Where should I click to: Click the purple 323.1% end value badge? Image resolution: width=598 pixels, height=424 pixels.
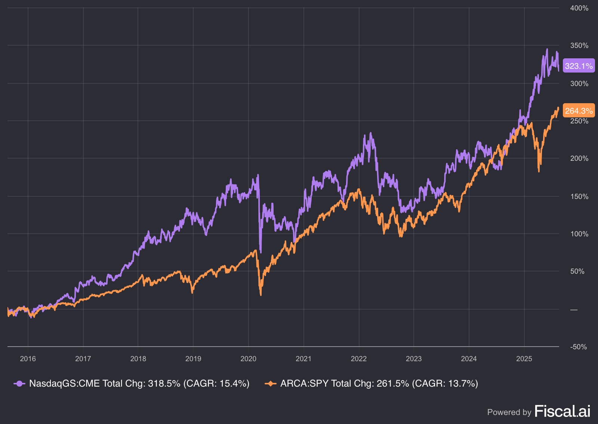(x=579, y=66)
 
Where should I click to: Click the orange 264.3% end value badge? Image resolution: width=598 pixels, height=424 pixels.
(x=579, y=111)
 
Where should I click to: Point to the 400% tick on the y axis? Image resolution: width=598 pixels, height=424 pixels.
(x=579, y=8)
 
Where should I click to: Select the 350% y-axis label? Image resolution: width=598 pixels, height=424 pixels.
(x=579, y=46)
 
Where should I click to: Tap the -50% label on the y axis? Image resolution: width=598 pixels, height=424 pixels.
(x=578, y=347)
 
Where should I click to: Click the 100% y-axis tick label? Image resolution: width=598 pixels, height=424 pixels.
(x=579, y=234)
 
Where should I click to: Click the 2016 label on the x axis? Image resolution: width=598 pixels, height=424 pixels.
(x=28, y=359)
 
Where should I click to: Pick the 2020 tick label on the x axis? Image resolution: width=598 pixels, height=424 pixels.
(x=248, y=359)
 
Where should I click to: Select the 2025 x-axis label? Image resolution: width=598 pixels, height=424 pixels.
(x=524, y=359)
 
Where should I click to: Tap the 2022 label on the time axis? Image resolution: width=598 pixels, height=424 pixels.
(x=358, y=359)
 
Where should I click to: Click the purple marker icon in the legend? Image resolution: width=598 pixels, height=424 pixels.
(x=19, y=384)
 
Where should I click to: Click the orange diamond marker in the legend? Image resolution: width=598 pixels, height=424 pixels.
(x=270, y=384)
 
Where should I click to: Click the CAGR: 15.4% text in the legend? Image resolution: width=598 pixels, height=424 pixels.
(x=216, y=384)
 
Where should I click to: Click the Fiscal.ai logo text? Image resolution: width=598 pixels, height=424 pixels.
(x=562, y=411)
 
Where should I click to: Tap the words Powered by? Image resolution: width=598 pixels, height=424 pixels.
(x=509, y=412)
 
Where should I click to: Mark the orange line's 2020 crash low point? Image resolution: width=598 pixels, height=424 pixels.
(x=261, y=295)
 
